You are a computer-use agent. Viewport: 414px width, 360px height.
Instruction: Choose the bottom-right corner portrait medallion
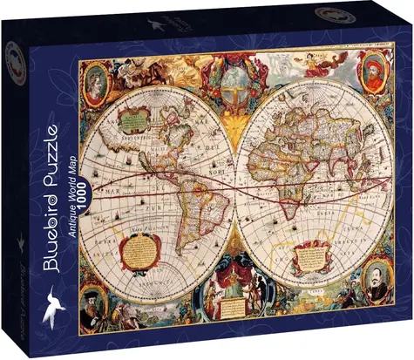pos(377,281)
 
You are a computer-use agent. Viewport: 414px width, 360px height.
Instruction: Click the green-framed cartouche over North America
pos(136,118)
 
